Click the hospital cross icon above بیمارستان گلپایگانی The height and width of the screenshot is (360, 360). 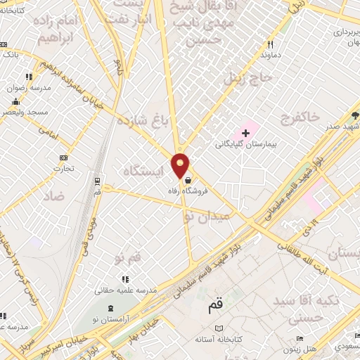click(x=245, y=132)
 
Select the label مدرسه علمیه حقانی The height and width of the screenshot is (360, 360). click(x=125, y=289)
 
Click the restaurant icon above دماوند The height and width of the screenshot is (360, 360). click(x=269, y=43)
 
